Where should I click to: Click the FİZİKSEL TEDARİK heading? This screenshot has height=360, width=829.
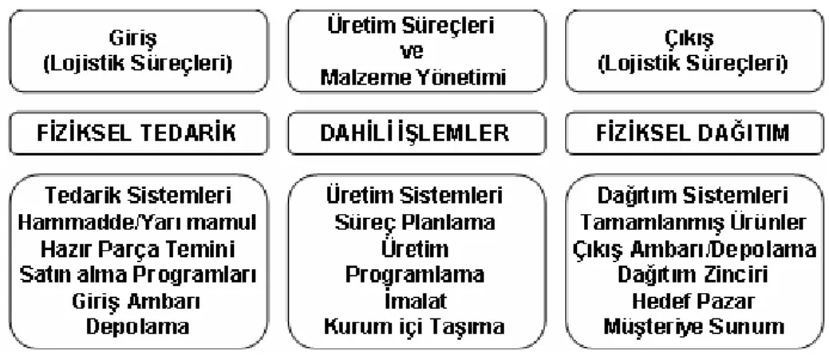coord(136,133)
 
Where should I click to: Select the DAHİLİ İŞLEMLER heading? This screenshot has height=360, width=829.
coord(415,133)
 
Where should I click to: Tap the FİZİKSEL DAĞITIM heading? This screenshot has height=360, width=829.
coord(693,133)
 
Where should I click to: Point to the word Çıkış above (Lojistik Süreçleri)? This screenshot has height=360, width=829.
coord(693,38)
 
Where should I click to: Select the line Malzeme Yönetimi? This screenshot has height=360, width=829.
coord(414,77)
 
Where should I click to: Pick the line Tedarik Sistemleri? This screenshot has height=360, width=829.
coord(138,196)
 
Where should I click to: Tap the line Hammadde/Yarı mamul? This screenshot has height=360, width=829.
coord(137,222)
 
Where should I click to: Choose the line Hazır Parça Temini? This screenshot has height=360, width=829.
coord(138,248)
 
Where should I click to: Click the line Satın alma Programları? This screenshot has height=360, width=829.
coord(138,275)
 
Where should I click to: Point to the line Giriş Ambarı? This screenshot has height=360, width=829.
coord(136,301)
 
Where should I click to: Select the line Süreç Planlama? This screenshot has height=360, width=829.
coord(415,222)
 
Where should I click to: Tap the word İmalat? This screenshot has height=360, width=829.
coord(415,301)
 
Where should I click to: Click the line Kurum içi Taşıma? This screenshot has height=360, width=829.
coord(415,326)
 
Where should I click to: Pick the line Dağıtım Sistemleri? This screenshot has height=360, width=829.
coord(693,196)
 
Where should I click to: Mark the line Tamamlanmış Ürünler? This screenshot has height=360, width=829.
coord(693,222)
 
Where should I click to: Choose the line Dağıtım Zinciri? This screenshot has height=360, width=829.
coord(693,275)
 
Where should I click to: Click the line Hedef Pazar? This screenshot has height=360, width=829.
coord(693,301)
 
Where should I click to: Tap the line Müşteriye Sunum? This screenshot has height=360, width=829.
coord(693,326)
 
